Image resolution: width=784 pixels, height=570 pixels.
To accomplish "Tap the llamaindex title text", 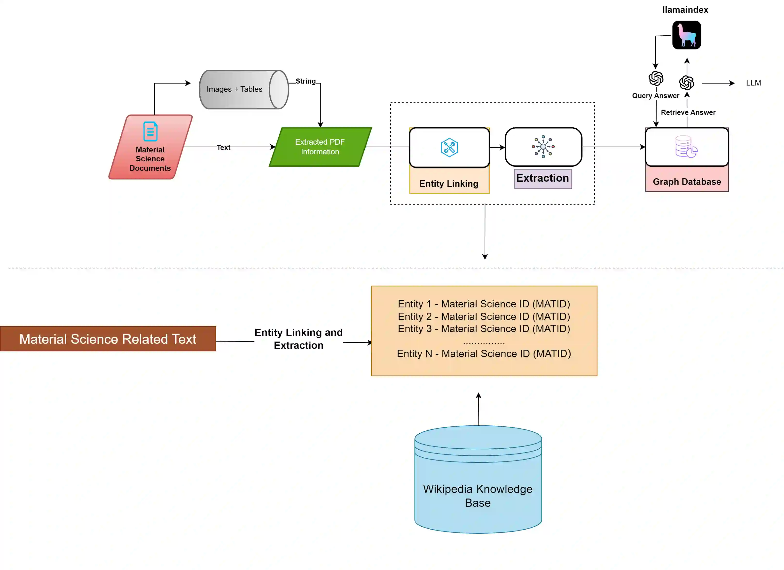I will [x=685, y=10].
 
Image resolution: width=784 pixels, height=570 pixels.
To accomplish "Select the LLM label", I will [x=753, y=83].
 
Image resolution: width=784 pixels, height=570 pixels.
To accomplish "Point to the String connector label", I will [x=305, y=81].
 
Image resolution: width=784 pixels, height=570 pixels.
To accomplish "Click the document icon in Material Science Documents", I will [x=150, y=131].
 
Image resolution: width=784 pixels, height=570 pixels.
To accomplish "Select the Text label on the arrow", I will [x=223, y=148].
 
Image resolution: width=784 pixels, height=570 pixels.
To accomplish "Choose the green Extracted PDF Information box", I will [x=320, y=147].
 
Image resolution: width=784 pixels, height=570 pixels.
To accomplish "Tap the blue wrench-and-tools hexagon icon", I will [x=449, y=148].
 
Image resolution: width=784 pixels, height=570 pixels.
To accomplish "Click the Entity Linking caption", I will [x=449, y=184].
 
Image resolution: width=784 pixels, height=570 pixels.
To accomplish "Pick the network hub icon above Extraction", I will [x=543, y=147].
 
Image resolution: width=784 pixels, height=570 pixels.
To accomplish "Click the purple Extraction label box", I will [x=542, y=178].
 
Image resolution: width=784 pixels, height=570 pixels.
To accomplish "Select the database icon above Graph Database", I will [x=686, y=147].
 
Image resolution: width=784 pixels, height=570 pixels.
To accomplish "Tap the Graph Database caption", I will [x=687, y=182].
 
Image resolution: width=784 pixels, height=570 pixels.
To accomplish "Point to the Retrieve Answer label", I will [x=688, y=112].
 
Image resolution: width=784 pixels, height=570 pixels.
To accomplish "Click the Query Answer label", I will [x=655, y=96].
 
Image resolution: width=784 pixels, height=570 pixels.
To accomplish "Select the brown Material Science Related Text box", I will [x=108, y=339].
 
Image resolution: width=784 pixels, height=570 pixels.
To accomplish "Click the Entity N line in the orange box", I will [x=484, y=354].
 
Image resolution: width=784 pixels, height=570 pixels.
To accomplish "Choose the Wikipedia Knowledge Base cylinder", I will [x=478, y=484].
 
